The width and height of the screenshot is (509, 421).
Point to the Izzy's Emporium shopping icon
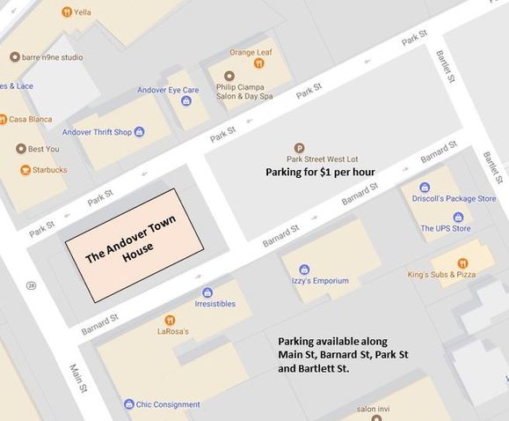[304, 270]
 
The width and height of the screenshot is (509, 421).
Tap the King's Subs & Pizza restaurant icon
[462, 262]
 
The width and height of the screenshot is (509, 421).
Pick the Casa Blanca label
[29, 119]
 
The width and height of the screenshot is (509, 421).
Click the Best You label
[43, 149]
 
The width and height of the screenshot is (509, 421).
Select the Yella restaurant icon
[67, 12]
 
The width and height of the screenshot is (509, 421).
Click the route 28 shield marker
[32, 285]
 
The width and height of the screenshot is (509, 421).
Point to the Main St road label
[77, 376]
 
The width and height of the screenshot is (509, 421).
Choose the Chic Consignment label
[167, 404]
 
